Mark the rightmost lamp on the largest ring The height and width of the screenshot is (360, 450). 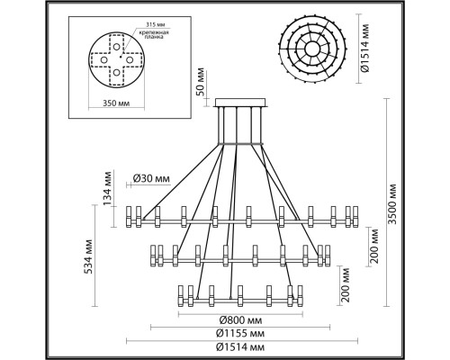click(x=354, y=216)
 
